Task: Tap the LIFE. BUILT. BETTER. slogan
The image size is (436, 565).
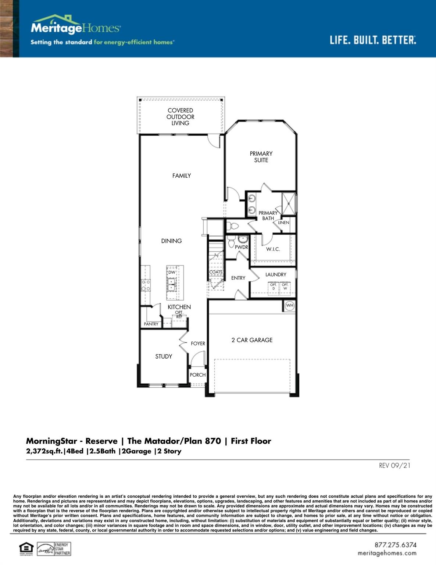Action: (x=372, y=40)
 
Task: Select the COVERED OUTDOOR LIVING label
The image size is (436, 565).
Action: (x=180, y=117)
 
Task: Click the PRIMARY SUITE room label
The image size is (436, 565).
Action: (x=261, y=157)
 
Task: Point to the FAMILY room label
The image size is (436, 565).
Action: (x=182, y=176)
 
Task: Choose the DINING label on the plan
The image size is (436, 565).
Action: (x=171, y=241)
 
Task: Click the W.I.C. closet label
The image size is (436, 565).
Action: (x=273, y=249)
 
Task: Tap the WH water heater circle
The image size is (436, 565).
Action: (x=290, y=306)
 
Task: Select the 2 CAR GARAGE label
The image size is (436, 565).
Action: (x=252, y=340)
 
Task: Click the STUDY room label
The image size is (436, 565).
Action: (x=164, y=356)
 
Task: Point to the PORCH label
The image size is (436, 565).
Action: (x=197, y=375)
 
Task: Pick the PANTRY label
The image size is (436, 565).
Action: (x=151, y=324)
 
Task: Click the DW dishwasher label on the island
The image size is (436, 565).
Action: (x=172, y=272)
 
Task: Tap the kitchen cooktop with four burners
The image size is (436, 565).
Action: (x=146, y=285)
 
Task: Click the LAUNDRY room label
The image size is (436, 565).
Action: (x=276, y=274)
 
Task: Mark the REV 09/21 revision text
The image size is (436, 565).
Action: (x=394, y=466)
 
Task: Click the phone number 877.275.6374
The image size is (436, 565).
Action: (x=395, y=545)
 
